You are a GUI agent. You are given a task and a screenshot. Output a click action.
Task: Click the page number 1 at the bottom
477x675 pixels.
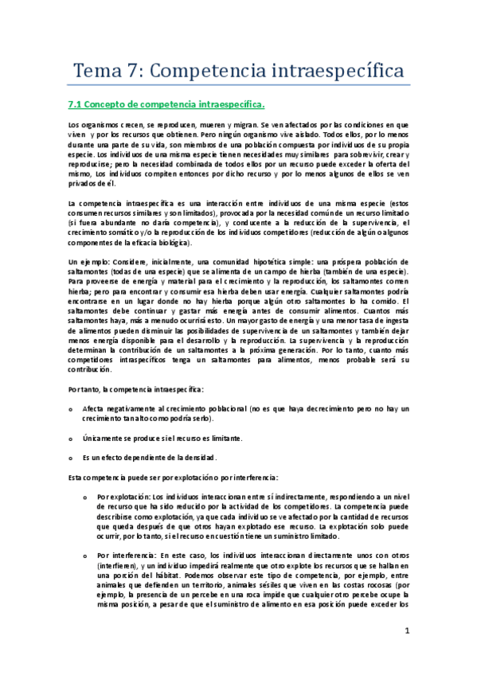[406, 632]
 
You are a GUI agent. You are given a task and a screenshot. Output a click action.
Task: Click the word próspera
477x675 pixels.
[348, 261]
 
